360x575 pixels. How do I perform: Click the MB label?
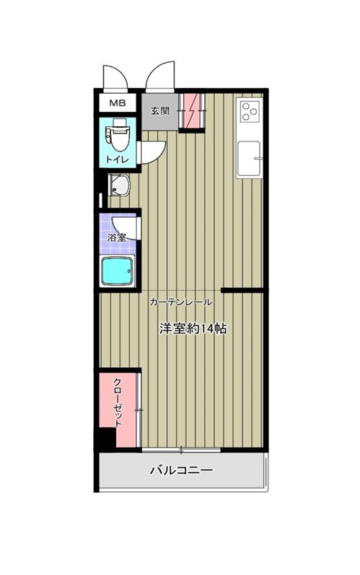(x=118, y=102)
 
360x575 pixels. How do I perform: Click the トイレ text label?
(x=118, y=159)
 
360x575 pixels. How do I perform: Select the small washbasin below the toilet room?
(x=120, y=185)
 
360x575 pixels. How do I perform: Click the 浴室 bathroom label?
(x=117, y=237)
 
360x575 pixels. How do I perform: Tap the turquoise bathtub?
(x=117, y=271)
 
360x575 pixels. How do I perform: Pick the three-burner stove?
(x=249, y=110)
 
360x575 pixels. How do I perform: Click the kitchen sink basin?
(x=250, y=159)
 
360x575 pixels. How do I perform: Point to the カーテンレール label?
(x=180, y=302)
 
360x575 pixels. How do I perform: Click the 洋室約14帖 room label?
(x=193, y=328)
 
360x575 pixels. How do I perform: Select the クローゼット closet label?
(x=118, y=403)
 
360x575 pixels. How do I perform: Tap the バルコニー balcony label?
(x=182, y=470)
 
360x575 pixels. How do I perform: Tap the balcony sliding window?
(x=181, y=449)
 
